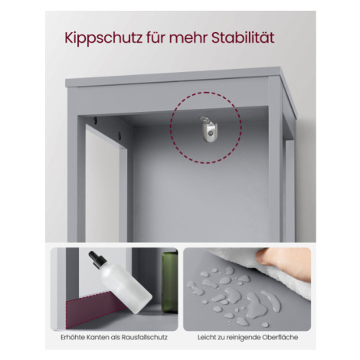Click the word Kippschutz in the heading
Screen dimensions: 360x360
click(103, 38)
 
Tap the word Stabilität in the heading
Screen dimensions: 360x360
click(243, 38)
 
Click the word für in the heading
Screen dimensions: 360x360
click(155, 38)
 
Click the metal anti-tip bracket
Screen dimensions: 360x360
click(208, 129)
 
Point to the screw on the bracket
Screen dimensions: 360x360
click(211, 133)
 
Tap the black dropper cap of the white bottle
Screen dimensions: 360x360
click(97, 260)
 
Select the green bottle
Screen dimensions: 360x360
click(169, 282)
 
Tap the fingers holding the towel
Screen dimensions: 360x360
click(283, 263)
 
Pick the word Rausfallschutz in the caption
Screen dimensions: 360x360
click(144, 338)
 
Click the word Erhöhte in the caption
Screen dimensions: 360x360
click(72, 338)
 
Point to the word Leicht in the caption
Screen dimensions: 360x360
click(207, 338)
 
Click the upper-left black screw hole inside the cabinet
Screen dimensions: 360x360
click(95, 119)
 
